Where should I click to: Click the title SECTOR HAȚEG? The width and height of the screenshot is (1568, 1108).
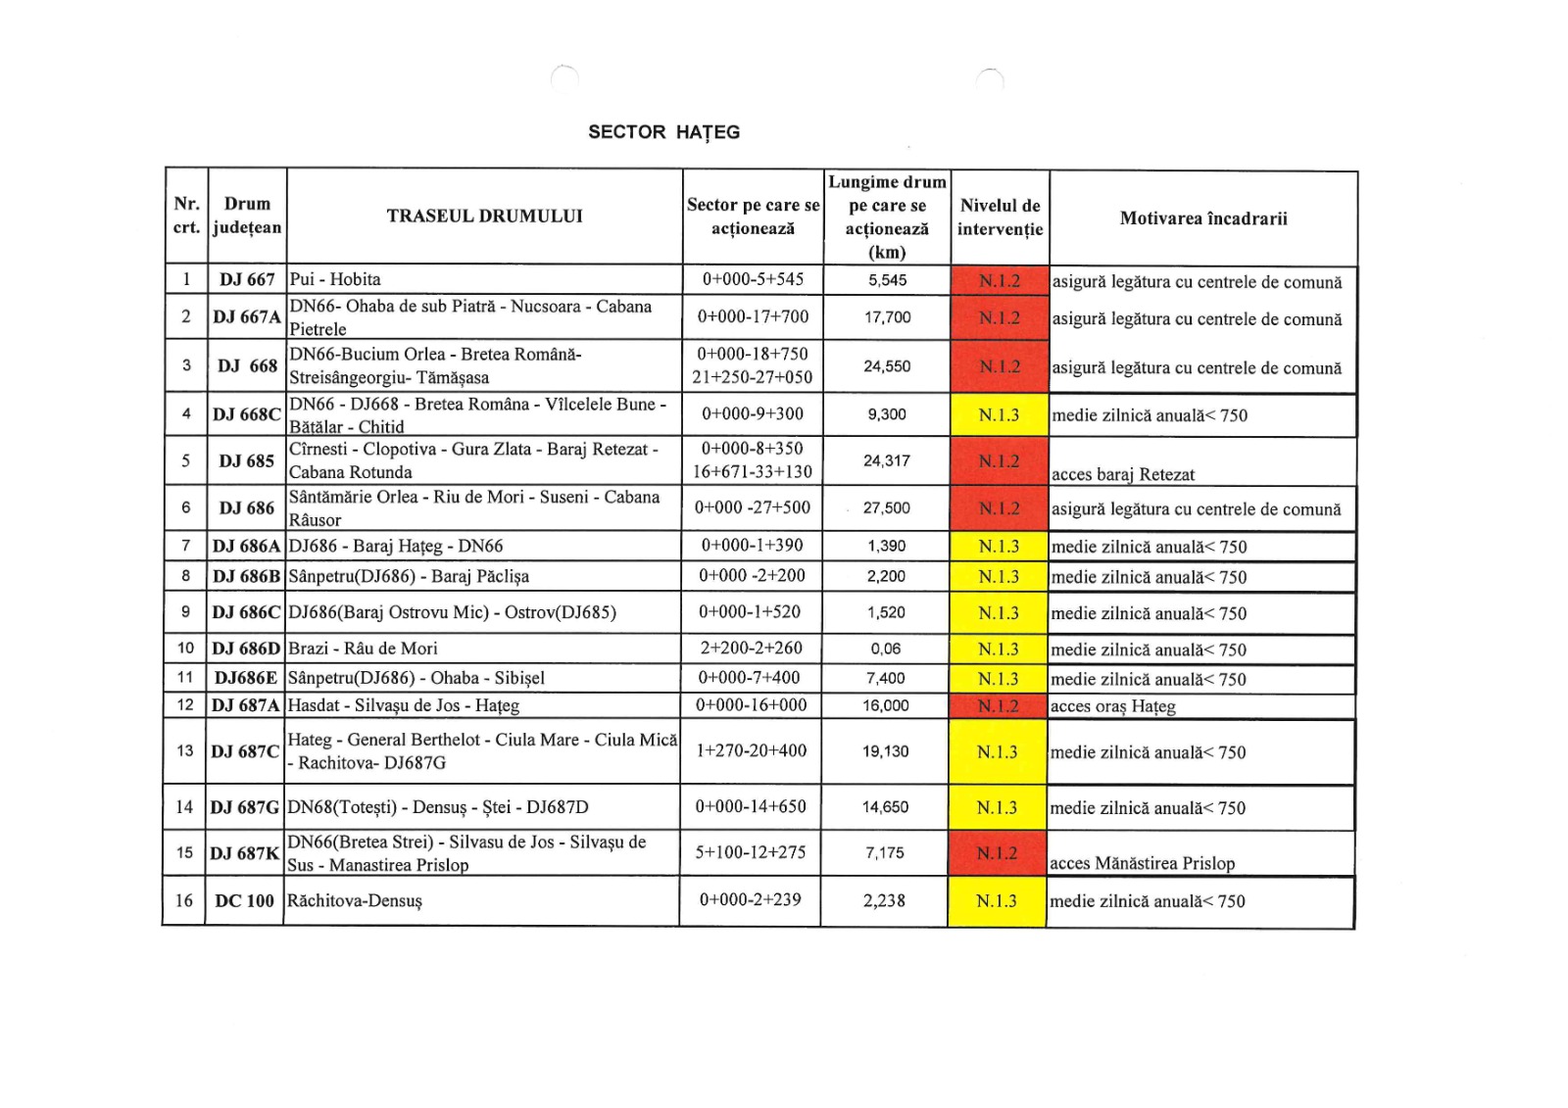point(663,132)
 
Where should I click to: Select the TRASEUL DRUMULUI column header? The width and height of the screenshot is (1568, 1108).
point(484,216)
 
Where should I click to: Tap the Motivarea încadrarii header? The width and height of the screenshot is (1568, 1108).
point(1203,218)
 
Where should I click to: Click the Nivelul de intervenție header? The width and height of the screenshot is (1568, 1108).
point(1000,217)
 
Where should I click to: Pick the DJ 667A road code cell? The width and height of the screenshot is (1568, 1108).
point(247,317)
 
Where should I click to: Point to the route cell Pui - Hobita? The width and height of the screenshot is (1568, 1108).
point(335,279)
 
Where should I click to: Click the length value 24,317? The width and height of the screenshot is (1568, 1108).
point(887,460)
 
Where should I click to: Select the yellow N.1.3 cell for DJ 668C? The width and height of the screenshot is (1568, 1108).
point(999,415)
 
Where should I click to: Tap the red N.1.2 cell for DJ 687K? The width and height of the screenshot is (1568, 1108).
point(998,853)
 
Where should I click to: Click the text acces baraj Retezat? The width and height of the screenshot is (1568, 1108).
point(1123,474)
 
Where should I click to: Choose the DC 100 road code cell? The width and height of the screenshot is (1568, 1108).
point(245,900)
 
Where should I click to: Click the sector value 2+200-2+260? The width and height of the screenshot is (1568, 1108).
point(751,648)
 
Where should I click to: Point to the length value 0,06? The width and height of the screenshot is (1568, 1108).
point(886,649)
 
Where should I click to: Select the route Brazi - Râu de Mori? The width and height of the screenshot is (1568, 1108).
point(363,648)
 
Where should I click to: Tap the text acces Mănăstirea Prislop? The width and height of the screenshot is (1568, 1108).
point(1142,863)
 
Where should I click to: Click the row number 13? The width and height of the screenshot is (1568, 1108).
point(184,750)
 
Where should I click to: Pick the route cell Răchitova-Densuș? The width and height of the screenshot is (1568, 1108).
point(354,900)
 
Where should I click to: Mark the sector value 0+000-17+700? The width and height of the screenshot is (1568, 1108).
point(753,316)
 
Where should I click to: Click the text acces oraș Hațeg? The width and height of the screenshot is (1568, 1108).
point(1112,706)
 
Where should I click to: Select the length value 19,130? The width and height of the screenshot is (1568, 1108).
point(886,751)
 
